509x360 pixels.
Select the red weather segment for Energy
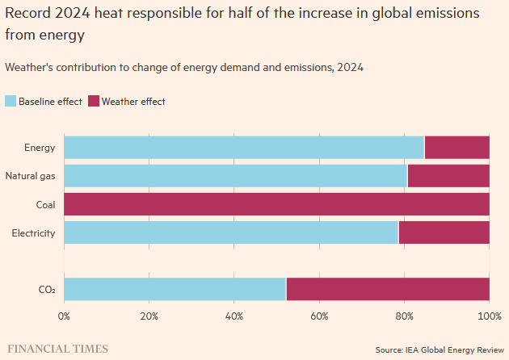click(x=456, y=148)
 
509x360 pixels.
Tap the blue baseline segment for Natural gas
click(x=235, y=176)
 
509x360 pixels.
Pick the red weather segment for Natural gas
click(x=448, y=176)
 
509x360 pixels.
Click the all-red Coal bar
click(x=276, y=204)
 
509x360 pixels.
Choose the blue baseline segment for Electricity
click(x=231, y=232)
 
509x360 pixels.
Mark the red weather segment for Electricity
click(x=444, y=232)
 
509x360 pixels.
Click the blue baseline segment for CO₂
click(x=175, y=289)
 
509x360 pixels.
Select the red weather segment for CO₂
click(x=388, y=289)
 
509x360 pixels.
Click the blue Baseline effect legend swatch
click(x=11, y=102)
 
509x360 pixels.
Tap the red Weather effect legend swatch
click(x=94, y=102)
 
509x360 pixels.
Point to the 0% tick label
click(x=64, y=316)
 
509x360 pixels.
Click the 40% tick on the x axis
click(x=234, y=316)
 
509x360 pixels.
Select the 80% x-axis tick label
click(x=404, y=316)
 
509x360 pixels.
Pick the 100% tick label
click(x=488, y=316)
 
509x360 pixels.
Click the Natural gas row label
click(x=30, y=176)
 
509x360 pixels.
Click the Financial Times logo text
click(x=57, y=349)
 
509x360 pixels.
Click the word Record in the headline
click(x=26, y=14)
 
